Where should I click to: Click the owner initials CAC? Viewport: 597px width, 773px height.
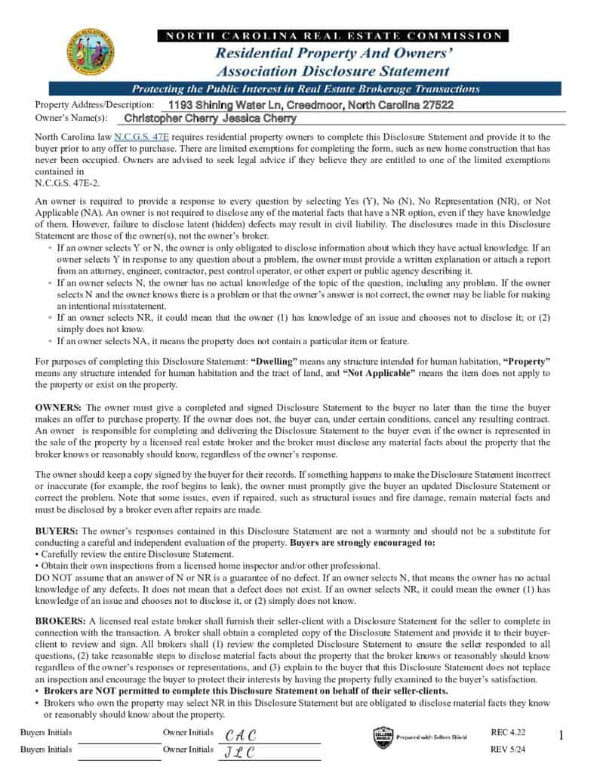[x=241, y=735]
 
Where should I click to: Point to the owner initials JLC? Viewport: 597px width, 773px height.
[x=240, y=752]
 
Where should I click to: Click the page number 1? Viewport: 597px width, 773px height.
[x=561, y=735]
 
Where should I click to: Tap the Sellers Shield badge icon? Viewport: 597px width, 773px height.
[x=383, y=737]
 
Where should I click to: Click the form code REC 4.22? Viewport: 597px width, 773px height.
[x=507, y=733]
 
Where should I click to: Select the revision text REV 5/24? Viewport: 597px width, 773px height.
[x=507, y=750]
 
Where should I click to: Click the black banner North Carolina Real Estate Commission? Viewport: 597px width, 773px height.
[x=333, y=35]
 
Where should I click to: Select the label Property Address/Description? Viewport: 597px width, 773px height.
[x=94, y=105]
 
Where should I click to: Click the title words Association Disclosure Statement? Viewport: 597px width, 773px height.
[x=333, y=72]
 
